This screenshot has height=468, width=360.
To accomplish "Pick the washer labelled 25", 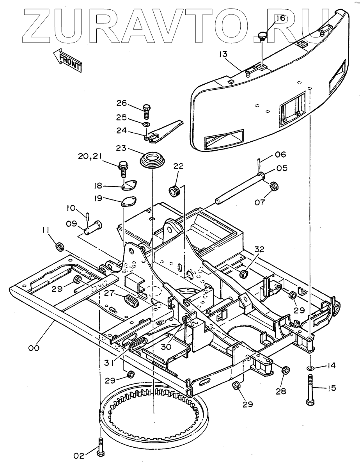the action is tap(146, 124).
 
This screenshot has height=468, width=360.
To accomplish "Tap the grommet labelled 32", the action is tap(245, 273).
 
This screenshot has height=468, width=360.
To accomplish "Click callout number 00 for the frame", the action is tap(34, 348).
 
